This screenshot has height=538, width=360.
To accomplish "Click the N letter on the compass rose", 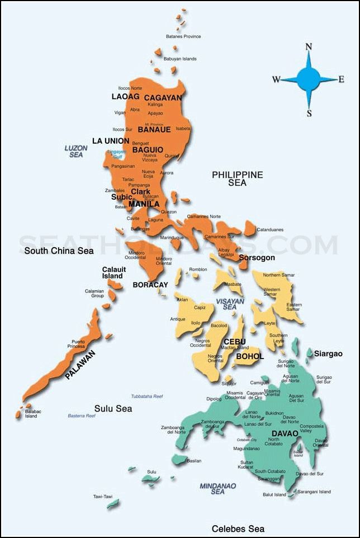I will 308,47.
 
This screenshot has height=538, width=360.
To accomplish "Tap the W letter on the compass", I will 276,79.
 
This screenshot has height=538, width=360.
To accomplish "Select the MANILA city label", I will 144,204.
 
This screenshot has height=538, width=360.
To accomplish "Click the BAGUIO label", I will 148,150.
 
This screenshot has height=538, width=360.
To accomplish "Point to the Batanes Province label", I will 183,37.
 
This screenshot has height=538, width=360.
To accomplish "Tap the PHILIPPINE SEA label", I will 237,178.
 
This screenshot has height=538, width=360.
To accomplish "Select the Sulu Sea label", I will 113,409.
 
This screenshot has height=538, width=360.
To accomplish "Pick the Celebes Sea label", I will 238,528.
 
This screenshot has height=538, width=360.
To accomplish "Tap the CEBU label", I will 235,342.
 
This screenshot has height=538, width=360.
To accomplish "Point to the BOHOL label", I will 250,356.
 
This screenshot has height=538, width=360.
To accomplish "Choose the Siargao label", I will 328,354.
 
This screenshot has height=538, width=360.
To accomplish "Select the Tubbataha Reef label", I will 147,396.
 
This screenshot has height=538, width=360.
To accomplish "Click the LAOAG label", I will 125,97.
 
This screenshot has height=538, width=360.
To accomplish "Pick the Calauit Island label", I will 113,272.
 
